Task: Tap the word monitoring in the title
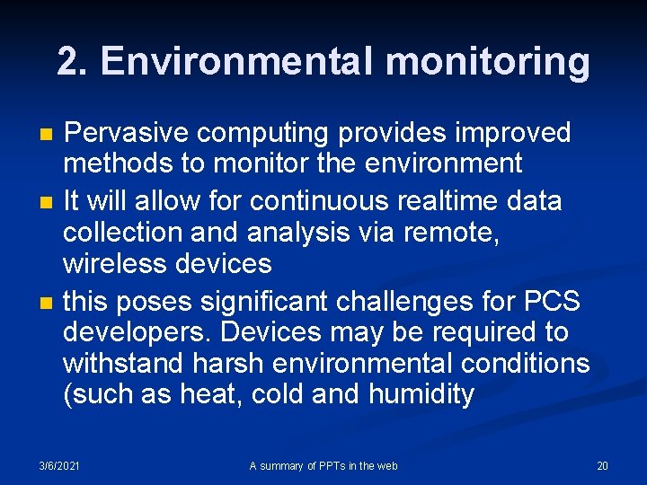point(488,61)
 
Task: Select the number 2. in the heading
point(74,61)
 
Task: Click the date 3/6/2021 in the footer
point(58,465)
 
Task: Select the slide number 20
point(602,465)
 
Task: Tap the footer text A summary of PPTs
point(323,465)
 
